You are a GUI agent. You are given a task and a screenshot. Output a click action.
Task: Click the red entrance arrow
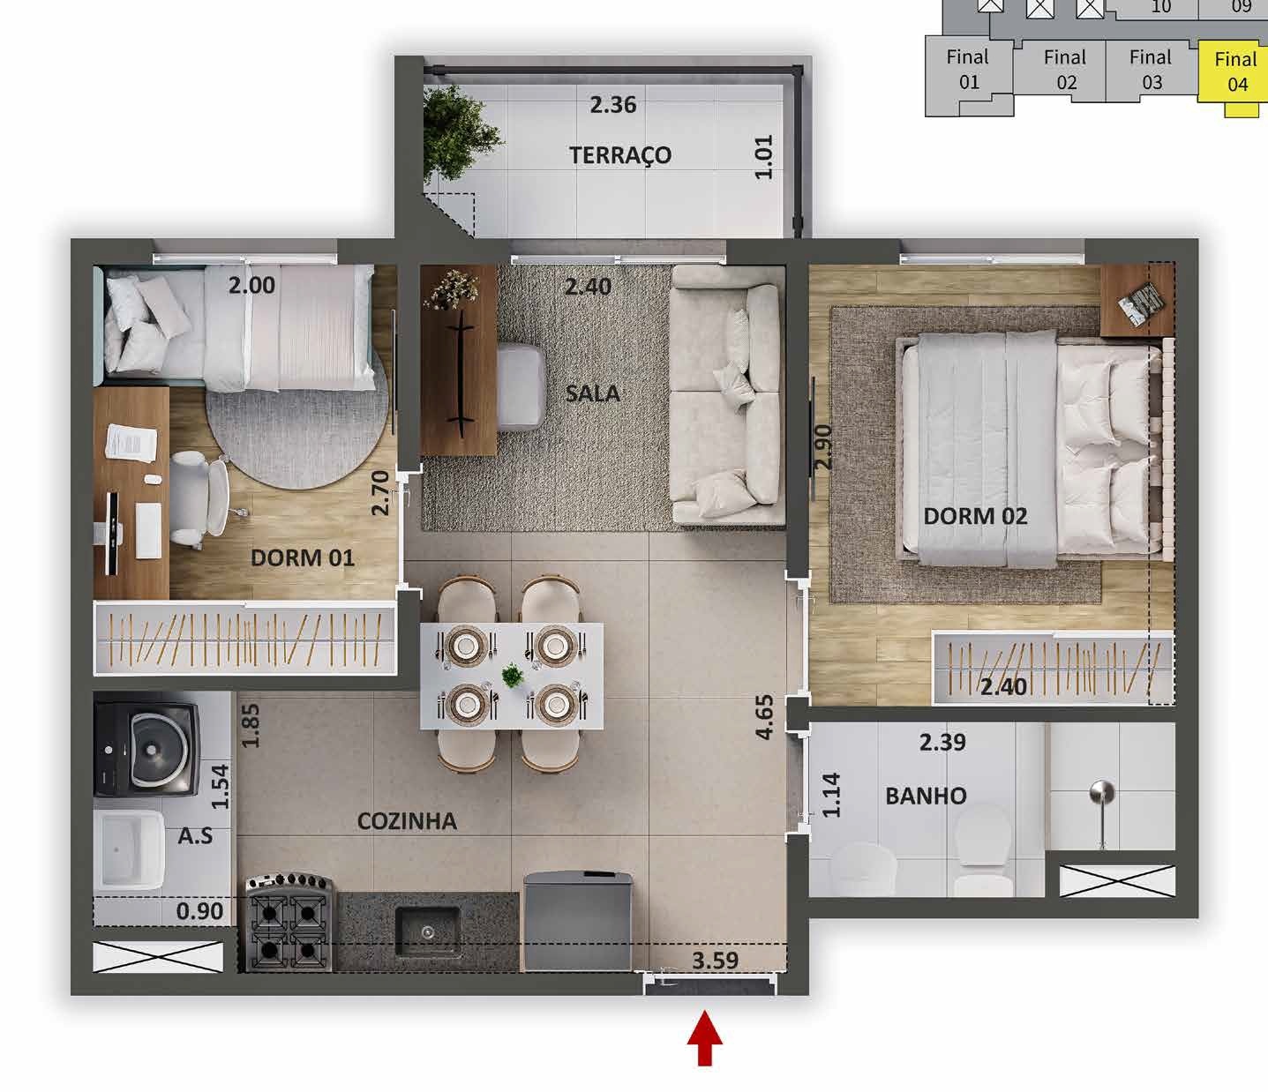point(705,1038)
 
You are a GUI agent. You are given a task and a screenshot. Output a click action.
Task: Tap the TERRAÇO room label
point(620,155)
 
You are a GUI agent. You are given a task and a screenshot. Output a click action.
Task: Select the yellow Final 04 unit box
point(1233,71)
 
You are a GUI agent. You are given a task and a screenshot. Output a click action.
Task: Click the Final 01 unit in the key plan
point(968,70)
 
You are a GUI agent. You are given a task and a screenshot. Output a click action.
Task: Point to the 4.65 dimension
point(764,717)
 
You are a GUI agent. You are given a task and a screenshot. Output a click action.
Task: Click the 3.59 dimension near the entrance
point(716,961)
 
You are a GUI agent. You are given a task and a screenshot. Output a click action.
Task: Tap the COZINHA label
point(407,821)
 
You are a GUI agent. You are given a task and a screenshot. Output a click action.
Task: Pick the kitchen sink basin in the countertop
point(428,931)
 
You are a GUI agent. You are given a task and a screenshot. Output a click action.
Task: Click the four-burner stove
point(289,923)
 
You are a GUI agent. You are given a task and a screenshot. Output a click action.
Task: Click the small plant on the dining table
point(513,676)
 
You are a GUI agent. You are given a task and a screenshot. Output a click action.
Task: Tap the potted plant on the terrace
point(459,133)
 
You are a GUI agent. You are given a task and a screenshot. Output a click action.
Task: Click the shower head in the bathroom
point(1102,793)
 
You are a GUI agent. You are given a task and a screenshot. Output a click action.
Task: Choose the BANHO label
point(927,796)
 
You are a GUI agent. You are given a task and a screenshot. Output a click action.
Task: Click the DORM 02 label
point(975,516)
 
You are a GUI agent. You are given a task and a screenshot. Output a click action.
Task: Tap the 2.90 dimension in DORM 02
point(822,447)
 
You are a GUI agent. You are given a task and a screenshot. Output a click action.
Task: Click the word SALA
point(593,393)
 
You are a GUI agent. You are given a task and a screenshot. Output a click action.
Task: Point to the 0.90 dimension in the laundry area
point(199,911)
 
